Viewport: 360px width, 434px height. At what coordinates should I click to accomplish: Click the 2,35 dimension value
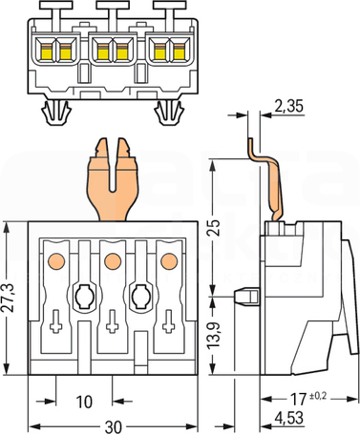coord(288,106)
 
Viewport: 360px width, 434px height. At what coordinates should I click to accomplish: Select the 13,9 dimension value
coord(215,336)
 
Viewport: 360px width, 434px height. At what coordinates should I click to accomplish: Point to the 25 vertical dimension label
coord(215,227)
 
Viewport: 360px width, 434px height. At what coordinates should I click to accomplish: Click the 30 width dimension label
coord(113,427)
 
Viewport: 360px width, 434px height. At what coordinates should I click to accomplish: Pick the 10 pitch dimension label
coord(84,402)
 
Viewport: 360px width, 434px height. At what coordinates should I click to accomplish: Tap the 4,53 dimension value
coord(288,418)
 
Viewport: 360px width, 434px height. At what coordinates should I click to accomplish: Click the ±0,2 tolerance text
coord(317,396)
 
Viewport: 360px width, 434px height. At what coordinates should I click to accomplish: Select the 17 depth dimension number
coord(299,400)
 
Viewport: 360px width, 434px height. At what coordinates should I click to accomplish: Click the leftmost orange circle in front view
coord(56,261)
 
